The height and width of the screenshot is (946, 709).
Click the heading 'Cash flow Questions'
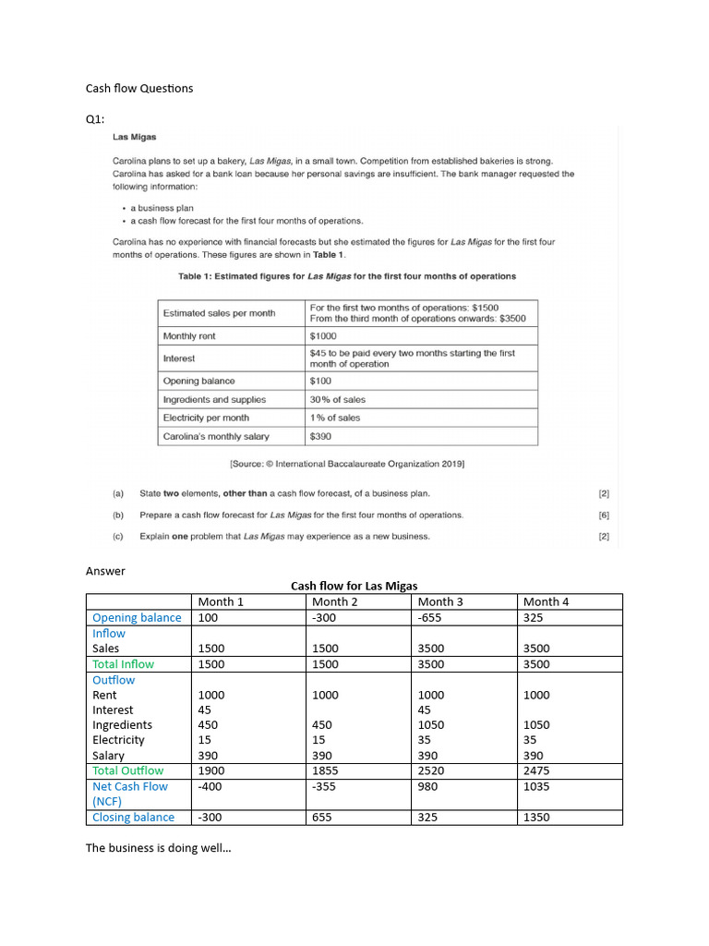[x=139, y=88]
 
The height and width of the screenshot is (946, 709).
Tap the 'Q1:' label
[x=96, y=119]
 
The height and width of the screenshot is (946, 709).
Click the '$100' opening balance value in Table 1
[x=320, y=381]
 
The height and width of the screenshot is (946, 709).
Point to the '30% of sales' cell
[x=337, y=399]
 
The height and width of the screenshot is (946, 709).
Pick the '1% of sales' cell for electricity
[x=335, y=418]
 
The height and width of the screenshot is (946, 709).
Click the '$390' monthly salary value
[x=320, y=436]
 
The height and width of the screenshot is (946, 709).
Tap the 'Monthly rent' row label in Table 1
[x=189, y=336]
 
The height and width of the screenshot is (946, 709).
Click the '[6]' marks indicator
[x=604, y=515]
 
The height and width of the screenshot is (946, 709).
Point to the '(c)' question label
[x=117, y=536]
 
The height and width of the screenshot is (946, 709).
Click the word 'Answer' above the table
[x=105, y=571]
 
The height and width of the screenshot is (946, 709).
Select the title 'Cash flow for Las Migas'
[x=354, y=586]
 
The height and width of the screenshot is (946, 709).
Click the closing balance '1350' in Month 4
[x=536, y=818]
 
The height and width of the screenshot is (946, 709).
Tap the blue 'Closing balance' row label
[x=133, y=818]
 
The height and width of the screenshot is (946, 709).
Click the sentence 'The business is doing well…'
[x=158, y=847]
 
